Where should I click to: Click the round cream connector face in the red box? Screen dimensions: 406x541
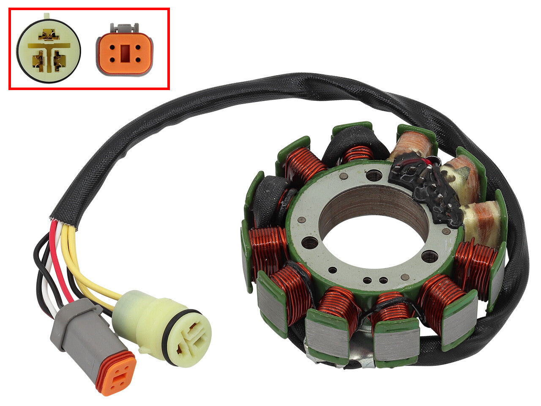tap(49, 50)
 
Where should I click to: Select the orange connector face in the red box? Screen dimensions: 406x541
tap(124, 53)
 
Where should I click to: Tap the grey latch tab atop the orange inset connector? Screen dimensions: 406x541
tap(124, 28)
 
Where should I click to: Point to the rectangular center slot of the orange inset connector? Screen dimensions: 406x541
tap(125, 53)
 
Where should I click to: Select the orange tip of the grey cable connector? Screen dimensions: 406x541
tap(115, 372)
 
